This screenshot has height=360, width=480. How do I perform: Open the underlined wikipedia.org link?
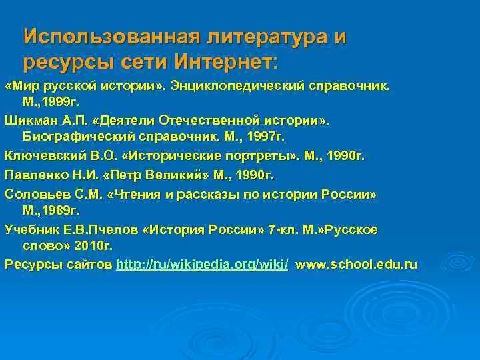pyautogui.click(x=202, y=265)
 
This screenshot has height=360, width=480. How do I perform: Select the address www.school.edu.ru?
pyautogui.click(x=357, y=265)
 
